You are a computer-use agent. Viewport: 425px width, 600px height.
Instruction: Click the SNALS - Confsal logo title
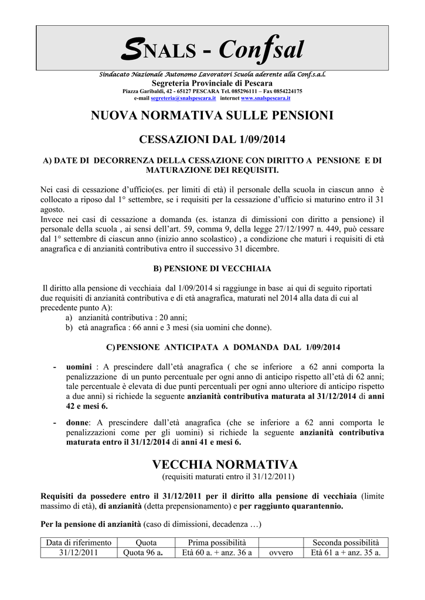tap(212, 50)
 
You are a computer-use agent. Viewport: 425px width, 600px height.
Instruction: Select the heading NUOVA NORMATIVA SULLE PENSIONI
tap(212, 116)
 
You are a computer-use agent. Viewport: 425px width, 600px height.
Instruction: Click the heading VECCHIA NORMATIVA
tap(225, 465)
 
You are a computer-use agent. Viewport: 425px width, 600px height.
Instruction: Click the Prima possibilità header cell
tap(217, 543)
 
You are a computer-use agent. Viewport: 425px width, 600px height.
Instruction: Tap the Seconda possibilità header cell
tap(345, 543)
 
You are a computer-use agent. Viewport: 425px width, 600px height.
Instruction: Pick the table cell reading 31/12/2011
tap(79, 553)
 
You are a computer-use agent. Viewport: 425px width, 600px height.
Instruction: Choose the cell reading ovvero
tap(281, 553)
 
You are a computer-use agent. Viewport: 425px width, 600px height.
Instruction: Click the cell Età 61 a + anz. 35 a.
tap(345, 553)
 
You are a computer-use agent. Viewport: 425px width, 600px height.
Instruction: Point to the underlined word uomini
tap(79, 367)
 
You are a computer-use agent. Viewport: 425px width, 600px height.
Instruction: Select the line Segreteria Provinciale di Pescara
tap(212, 84)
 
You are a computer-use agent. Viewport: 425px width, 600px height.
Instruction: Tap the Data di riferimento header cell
tap(79, 543)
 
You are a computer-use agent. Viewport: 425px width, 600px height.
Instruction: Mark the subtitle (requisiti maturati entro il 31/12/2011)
tap(225, 478)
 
